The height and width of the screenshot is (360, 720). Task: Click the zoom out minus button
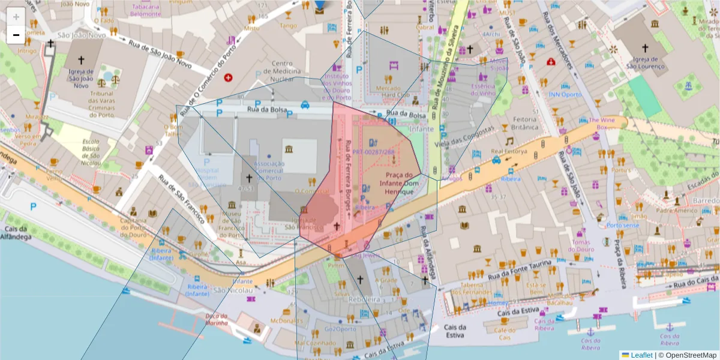click(x=16, y=35)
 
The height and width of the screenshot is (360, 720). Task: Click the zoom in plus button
click(x=16, y=17)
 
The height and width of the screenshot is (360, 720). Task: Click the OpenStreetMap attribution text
click(x=691, y=355)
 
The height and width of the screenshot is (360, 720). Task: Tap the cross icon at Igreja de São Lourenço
click(x=646, y=47)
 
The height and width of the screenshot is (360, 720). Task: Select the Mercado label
click(x=388, y=88)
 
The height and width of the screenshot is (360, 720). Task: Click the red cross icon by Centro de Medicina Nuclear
click(x=228, y=77)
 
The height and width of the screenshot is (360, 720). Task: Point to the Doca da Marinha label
click(x=217, y=319)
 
